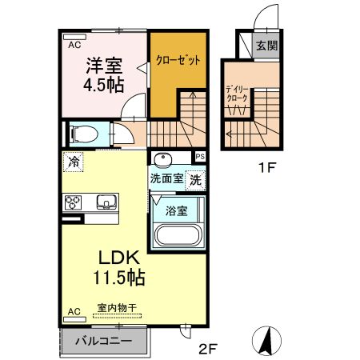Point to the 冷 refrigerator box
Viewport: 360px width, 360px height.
pos(74,162)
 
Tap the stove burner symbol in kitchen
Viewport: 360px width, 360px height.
pos(73,201)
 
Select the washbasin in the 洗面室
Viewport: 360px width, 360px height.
pos(162,158)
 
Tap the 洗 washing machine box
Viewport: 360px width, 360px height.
pos(195,180)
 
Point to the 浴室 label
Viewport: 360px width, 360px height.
pos(176,211)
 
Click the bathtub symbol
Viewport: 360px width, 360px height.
pos(178,238)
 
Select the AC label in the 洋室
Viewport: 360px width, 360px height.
pos(74,46)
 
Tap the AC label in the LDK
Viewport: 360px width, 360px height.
pos(74,310)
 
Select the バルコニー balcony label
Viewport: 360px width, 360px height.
pos(104,341)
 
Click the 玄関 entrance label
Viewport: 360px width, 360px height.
pos(267,46)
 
